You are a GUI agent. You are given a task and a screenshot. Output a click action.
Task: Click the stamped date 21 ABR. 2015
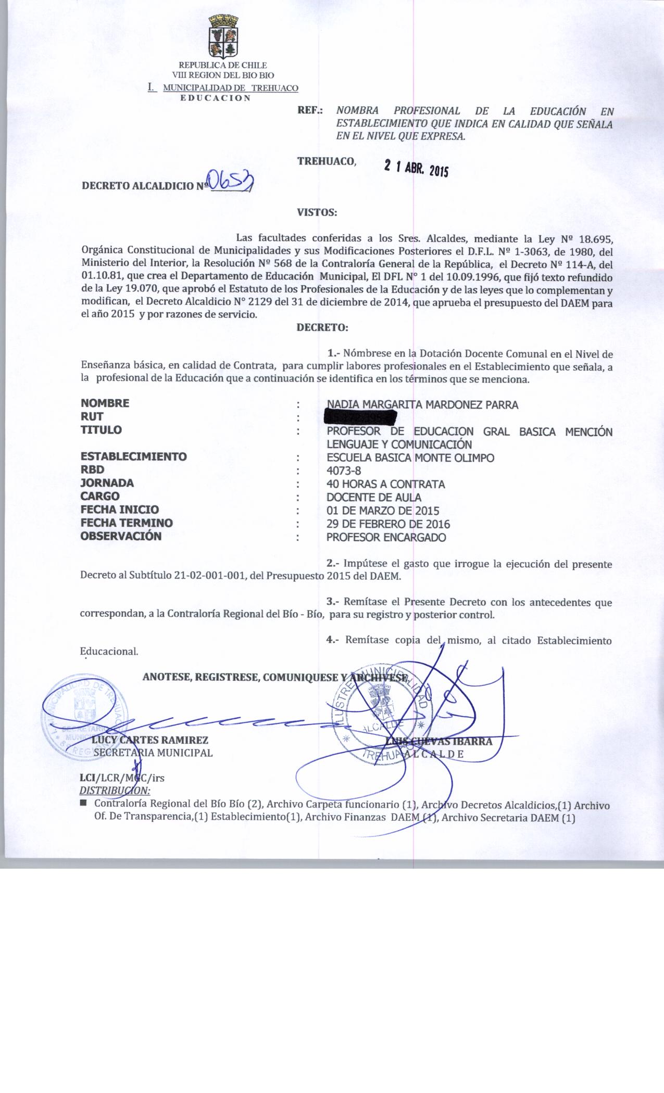pos(416,168)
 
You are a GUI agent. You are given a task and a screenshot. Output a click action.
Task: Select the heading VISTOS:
pos(317,212)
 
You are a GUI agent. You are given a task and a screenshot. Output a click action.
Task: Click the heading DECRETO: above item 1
pos(321,328)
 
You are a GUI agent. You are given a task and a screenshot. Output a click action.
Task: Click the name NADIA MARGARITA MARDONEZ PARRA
pos(422,404)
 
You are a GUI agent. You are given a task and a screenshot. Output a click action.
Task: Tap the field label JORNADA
pos(107,483)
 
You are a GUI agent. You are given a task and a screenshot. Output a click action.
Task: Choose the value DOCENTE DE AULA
pos(373,498)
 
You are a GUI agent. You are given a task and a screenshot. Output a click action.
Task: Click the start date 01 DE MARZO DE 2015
pos(382,511)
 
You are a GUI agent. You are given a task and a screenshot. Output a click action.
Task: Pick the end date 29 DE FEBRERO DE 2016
pos(388,524)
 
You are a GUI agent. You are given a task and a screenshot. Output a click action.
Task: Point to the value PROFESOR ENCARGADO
pos(386,538)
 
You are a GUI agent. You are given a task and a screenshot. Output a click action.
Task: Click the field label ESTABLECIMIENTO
pos(133,456)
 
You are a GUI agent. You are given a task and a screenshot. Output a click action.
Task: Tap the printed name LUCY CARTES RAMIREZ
pos(150,740)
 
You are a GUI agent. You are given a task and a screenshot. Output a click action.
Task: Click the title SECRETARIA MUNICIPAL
pos(153,753)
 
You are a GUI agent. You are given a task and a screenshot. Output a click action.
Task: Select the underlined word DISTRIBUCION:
pos(115,790)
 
